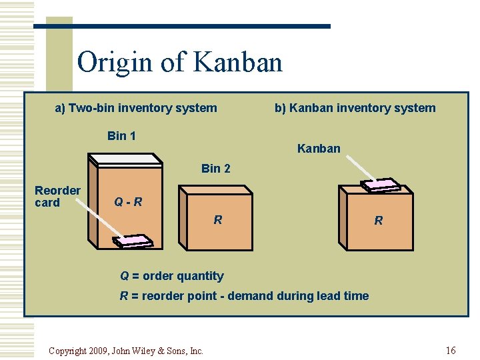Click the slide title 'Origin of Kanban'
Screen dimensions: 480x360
(179, 63)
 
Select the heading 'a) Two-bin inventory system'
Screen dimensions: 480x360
(135, 108)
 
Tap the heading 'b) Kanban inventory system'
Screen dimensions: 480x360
(355, 108)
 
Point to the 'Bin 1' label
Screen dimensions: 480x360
(121, 136)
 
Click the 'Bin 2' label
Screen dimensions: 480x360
(215, 169)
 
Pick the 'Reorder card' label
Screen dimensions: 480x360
(57, 196)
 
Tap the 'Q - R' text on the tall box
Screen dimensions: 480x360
(128, 201)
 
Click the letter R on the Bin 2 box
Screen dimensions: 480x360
(217, 219)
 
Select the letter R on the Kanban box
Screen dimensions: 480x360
(378, 221)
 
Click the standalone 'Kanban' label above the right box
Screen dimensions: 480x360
(319, 149)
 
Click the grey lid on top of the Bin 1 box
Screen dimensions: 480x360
(125, 159)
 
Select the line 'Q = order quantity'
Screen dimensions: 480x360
(171, 276)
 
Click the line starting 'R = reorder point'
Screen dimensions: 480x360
(244, 296)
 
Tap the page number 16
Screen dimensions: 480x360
(451, 350)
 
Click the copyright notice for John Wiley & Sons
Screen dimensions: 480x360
(126, 351)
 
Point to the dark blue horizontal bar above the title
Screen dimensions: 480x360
(182, 27)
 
